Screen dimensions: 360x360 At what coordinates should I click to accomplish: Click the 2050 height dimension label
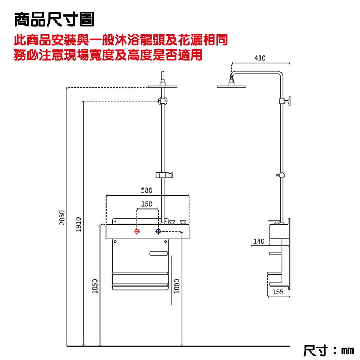click(x=62, y=217)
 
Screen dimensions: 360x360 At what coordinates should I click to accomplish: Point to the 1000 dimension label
click(x=177, y=286)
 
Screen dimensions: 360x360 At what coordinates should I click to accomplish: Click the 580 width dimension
click(x=147, y=190)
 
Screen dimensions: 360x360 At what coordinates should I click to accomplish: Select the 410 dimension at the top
click(x=259, y=58)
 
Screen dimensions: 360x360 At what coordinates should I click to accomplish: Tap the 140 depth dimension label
click(x=259, y=241)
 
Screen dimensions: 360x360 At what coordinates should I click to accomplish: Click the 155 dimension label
click(x=278, y=292)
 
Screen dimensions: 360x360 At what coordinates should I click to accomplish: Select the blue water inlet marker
click(x=158, y=232)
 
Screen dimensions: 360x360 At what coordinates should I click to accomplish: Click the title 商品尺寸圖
click(x=54, y=19)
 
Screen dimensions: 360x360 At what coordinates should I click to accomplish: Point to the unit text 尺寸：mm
click(x=328, y=351)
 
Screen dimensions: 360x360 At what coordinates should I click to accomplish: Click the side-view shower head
click(x=232, y=87)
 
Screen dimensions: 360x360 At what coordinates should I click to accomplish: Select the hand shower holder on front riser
click(x=164, y=174)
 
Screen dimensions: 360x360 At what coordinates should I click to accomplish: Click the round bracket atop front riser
click(x=163, y=100)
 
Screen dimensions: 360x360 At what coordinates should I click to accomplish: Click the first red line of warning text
click(x=121, y=40)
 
